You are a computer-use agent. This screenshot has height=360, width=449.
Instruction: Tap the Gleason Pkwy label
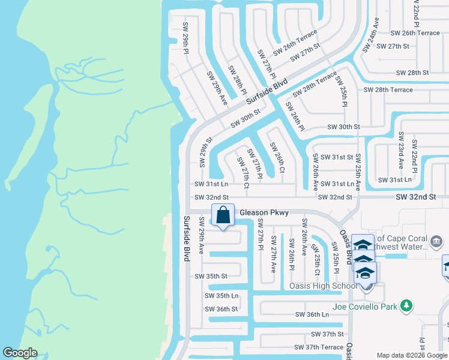pos(264,212)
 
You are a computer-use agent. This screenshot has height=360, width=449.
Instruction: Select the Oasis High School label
pos(324,285)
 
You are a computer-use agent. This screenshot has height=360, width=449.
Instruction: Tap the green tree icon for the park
pos(406,306)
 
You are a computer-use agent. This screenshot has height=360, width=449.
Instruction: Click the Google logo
pos(20,353)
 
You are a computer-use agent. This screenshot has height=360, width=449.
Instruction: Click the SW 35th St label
pos(211,276)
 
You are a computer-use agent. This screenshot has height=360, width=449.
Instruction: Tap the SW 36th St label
pos(221,309)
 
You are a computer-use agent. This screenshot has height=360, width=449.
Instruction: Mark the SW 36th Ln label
pos(313,314)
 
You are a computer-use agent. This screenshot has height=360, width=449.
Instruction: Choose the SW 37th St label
pos(327,334)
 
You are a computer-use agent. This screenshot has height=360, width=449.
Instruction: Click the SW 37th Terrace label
pos(319,347)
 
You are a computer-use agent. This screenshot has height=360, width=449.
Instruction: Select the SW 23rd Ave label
pos(401,151)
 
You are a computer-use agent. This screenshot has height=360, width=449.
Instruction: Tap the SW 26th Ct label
pos(277,157)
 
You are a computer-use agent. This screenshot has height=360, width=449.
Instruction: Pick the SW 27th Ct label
pos(243,173)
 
